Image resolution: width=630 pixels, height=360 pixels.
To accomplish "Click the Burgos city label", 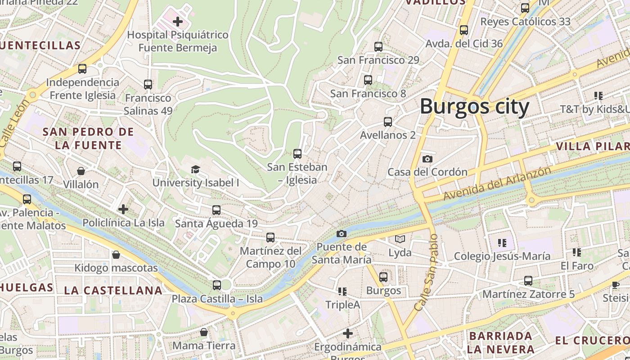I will click(474, 107).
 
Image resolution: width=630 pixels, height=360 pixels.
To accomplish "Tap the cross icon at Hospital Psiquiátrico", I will click(178, 21).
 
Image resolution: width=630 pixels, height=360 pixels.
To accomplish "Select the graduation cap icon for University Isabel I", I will click(195, 169).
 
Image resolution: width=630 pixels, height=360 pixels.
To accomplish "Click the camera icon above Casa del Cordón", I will click(427, 159).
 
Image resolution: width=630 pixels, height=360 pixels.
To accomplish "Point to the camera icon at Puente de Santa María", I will click(342, 234).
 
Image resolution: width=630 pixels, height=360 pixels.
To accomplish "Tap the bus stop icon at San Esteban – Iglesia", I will click(297, 154).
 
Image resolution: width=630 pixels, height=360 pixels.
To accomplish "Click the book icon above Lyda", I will click(400, 239).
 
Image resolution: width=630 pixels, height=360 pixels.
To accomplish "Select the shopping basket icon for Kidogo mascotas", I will click(116, 255).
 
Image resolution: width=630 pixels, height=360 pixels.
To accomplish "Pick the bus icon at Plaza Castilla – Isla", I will click(217, 285).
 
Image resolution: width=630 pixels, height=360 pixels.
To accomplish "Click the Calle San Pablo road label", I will click(426, 272).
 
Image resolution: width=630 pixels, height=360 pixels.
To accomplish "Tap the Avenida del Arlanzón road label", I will click(497, 184).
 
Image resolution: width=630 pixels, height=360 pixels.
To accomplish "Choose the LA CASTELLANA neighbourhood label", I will click(113, 290).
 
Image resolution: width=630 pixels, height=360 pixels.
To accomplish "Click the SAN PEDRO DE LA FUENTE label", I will click(88, 138).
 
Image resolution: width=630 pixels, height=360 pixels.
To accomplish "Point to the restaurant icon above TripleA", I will click(342, 292).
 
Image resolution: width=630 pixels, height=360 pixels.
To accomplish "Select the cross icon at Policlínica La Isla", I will click(123, 209).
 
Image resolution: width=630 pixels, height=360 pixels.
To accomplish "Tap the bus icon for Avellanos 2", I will click(387, 122).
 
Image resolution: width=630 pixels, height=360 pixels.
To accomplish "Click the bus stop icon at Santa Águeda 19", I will click(216, 210).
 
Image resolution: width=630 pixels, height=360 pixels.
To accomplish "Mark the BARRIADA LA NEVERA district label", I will click(500, 342).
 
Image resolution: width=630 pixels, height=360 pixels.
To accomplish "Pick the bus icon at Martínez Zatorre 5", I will click(528, 281).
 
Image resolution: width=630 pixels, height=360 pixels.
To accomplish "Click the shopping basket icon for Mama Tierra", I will click(204, 332).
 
